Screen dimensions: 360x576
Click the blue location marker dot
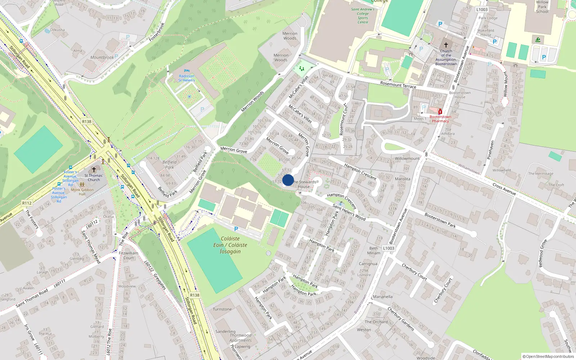288,180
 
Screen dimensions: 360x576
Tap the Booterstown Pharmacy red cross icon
440,112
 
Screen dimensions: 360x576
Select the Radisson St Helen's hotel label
186,78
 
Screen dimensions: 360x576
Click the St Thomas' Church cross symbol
94,170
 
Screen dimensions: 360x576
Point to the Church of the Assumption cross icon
446,45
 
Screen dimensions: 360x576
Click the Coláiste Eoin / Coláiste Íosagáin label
230,245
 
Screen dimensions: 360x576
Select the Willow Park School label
542,7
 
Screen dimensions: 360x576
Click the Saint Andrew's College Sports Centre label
363,16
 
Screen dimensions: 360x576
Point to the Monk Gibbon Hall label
82,192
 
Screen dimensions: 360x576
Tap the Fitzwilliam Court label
129,255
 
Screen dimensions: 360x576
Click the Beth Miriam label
374,251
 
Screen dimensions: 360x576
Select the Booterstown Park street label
440,220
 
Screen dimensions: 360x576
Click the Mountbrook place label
102,58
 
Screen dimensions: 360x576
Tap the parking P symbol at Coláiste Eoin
236,229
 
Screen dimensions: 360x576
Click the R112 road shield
27,203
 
